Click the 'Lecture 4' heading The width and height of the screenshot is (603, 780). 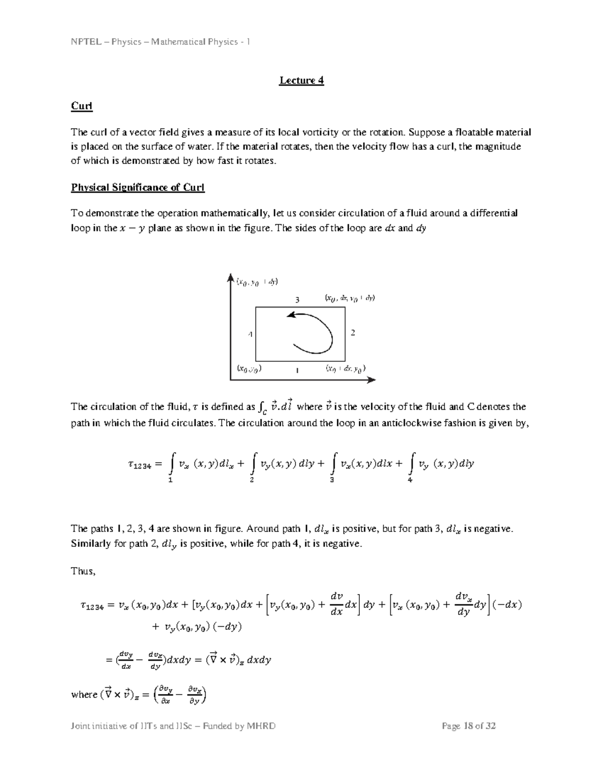[x=301, y=80]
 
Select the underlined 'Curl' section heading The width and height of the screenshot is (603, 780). [x=81, y=106]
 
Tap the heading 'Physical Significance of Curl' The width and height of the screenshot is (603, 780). [x=138, y=187]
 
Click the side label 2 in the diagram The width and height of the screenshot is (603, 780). [x=353, y=333]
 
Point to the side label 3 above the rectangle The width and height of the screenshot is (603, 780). [x=297, y=300]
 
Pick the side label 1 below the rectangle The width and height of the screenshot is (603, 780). [x=297, y=370]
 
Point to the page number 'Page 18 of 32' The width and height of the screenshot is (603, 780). [x=469, y=726]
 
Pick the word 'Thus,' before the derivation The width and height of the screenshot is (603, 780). [x=83, y=571]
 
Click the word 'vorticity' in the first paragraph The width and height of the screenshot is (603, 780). [x=320, y=133]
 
